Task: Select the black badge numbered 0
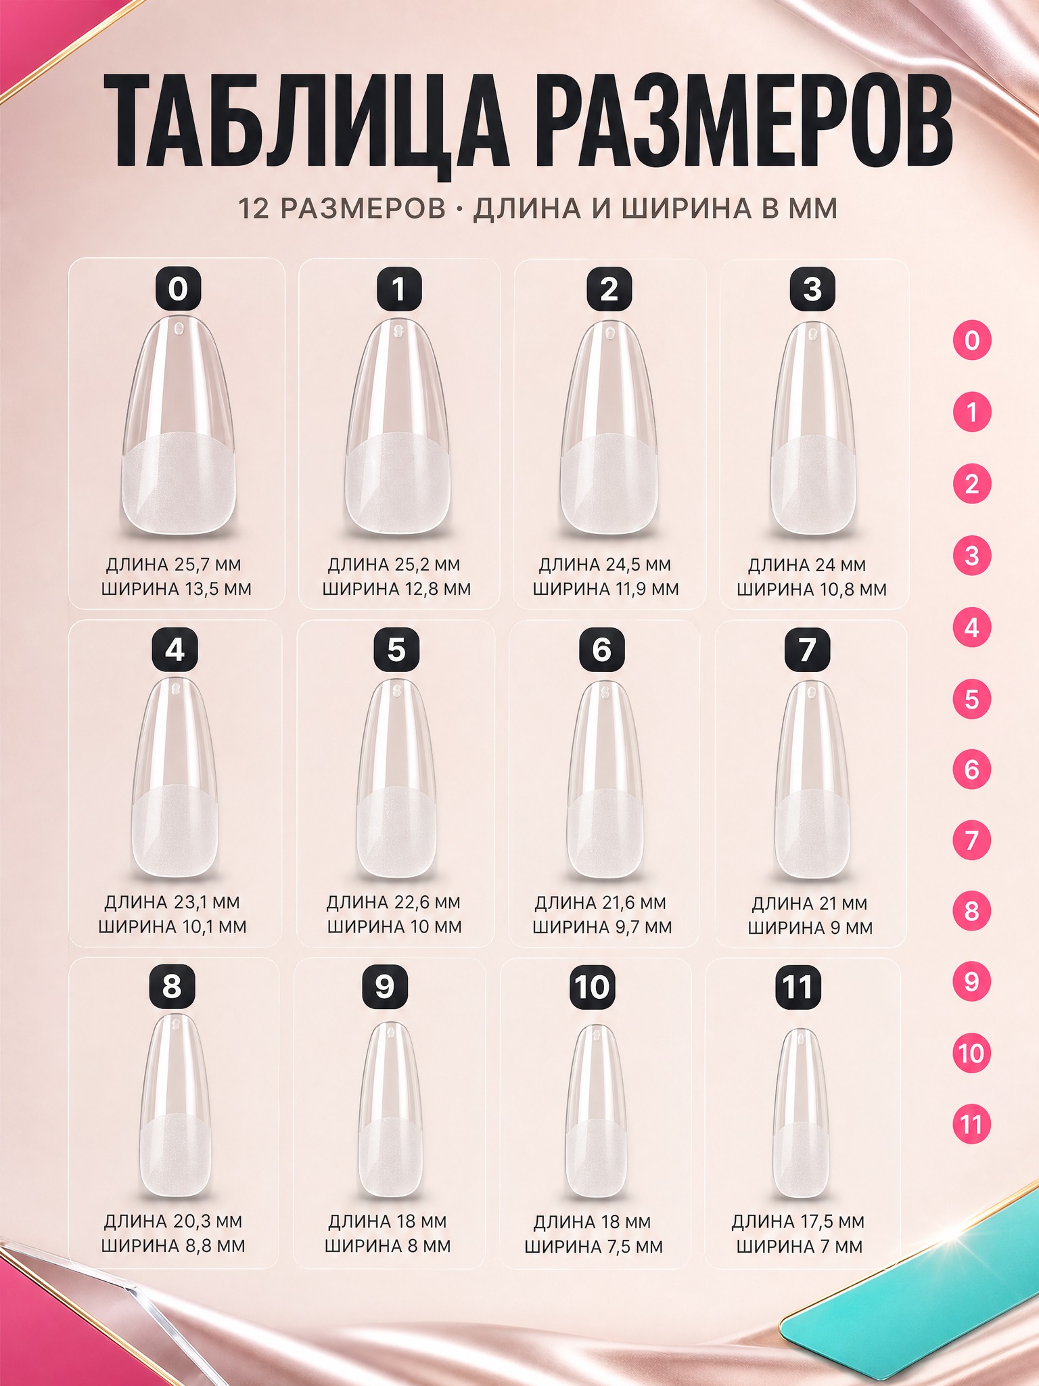coord(178,289)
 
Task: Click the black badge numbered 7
coord(807,650)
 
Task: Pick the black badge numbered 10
coord(592,987)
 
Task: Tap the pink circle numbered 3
coord(972,556)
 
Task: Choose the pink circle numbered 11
coord(971,1124)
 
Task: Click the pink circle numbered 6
coord(972,769)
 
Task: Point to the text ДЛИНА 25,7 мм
coord(174,564)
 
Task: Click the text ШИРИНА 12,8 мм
coord(396,589)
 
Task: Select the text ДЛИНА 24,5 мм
coord(605,564)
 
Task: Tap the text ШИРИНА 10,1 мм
coord(172,926)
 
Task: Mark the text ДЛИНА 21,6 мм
coord(601,903)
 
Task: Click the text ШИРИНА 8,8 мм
coord(173,1245)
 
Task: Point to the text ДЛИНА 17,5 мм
coord(798,1222)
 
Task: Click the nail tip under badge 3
coord(812,428)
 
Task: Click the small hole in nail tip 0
coord(179,329)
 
